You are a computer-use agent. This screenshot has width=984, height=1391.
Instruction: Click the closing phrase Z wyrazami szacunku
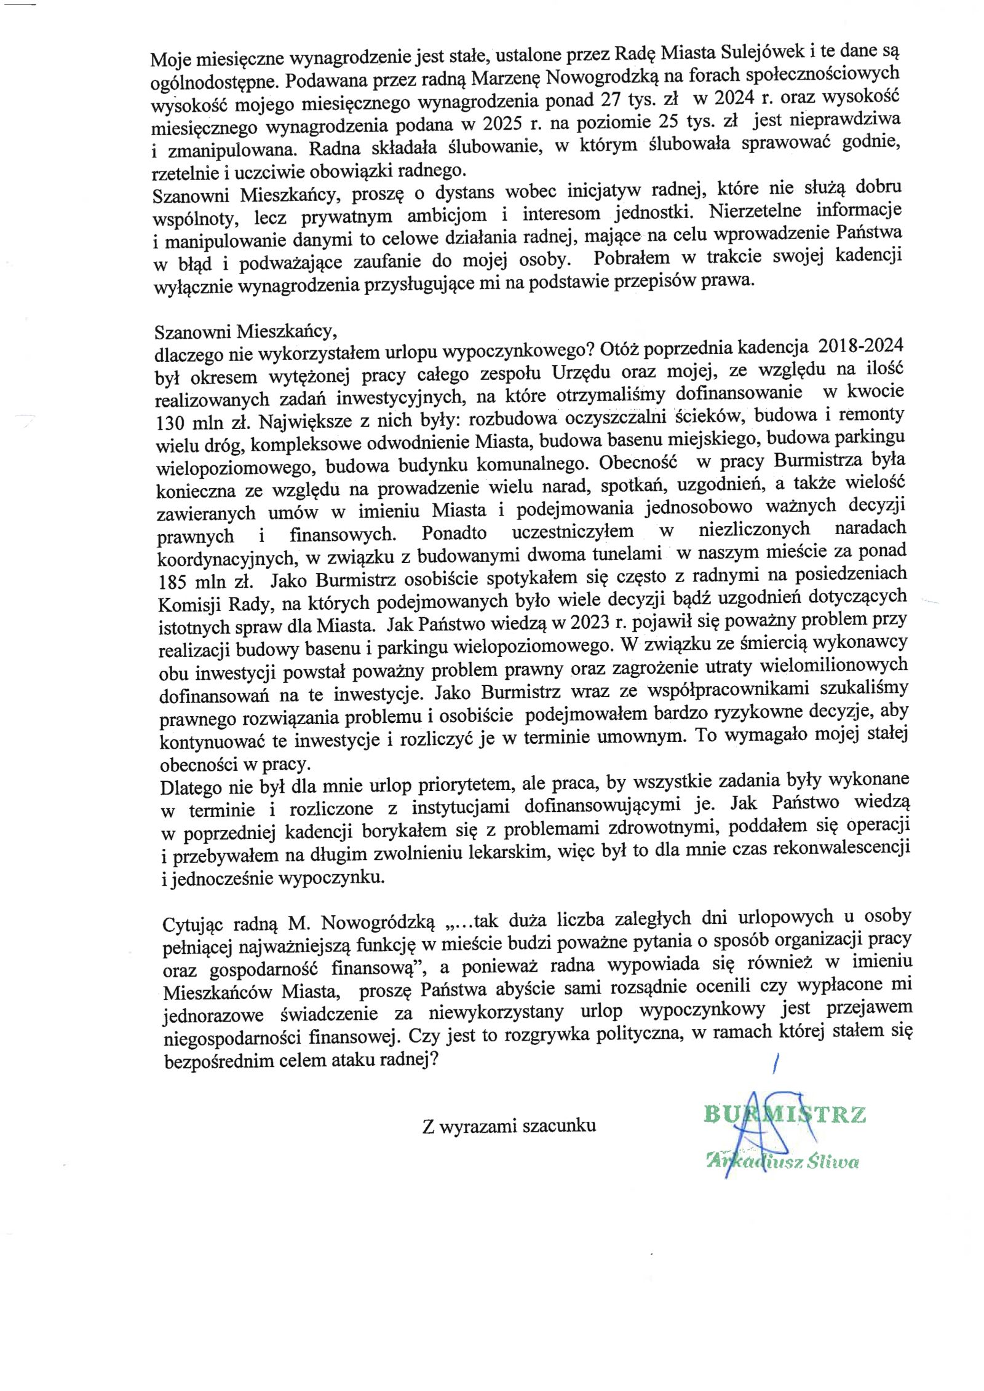(x=509, y=1125)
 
